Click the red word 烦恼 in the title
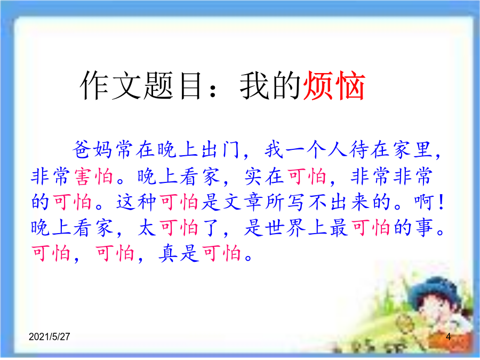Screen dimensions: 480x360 click(334, 86)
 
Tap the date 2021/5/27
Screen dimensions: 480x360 click(49, 337)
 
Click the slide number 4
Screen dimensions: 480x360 click(448, 337)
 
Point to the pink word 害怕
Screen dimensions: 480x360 click(94, 177)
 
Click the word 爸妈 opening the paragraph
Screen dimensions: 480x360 click(92, 150)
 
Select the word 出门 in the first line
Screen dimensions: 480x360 click(220, 150)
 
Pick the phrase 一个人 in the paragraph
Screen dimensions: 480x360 click(317, 150)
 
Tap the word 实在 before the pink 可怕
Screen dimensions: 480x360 click(264, 177)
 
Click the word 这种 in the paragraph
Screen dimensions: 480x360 click(136, 202)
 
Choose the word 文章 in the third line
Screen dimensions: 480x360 click(243, 202)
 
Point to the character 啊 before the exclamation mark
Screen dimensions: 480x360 click(425, 202)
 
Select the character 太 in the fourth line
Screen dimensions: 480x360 click(147, 228)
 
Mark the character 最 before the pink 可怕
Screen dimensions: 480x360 click(339, 228)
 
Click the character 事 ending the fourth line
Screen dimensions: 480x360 click(425, 228)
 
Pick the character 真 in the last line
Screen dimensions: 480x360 click(168, 253)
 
